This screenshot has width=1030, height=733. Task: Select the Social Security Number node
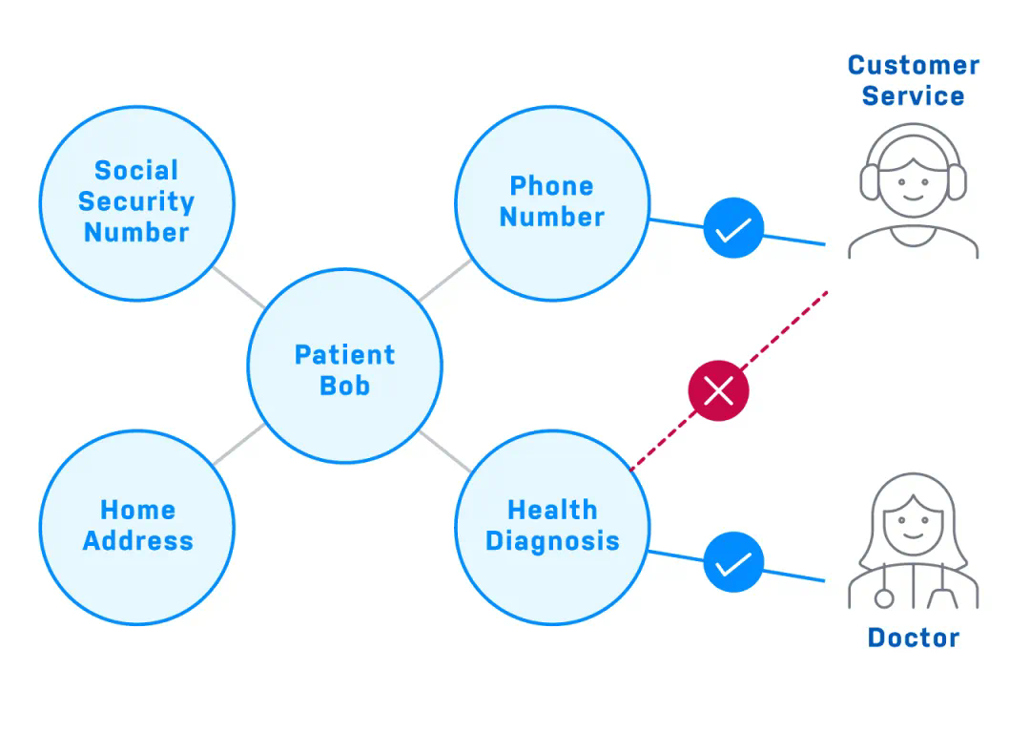(136, 201)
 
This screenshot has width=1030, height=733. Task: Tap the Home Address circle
(136, 526)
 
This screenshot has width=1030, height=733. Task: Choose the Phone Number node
(551, 201)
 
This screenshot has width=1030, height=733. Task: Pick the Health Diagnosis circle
(551, 526)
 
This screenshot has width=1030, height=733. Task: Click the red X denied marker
(718, 389)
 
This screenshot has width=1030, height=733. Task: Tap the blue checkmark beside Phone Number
(733, 229)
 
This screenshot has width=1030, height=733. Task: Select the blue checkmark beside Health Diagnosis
(733, 562)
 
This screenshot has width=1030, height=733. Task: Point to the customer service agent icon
(913, 191)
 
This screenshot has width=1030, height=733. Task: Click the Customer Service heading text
(913, 80)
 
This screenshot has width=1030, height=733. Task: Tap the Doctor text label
(913, 638)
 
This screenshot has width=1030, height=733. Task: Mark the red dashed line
(782, 329)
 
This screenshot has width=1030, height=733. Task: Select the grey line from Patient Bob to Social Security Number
(237, 286)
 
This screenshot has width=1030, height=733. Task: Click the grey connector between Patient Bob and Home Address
(238, 445)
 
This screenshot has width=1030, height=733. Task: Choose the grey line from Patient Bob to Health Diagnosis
(444, 451)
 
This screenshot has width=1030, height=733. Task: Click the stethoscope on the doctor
(885, 596)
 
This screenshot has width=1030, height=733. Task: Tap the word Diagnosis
(551, 541)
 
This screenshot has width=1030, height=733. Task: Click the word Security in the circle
(136, 201)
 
